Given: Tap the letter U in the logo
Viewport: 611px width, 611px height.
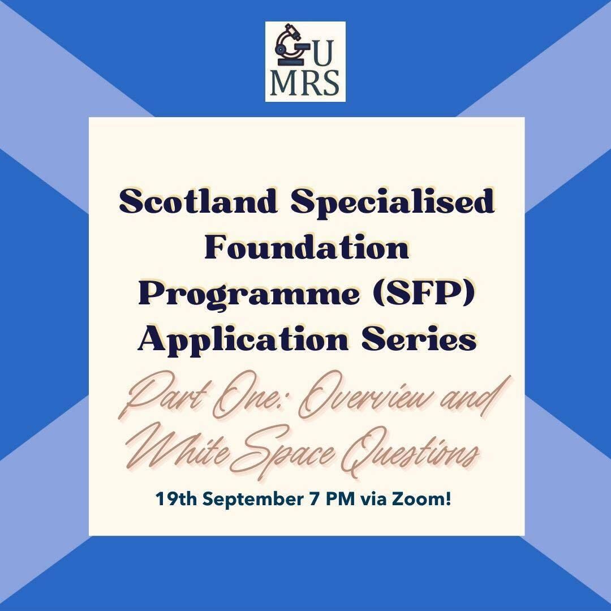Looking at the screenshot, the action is (x=323, y=53).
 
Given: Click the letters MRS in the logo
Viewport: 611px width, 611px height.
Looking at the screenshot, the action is (x=305, y=83).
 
